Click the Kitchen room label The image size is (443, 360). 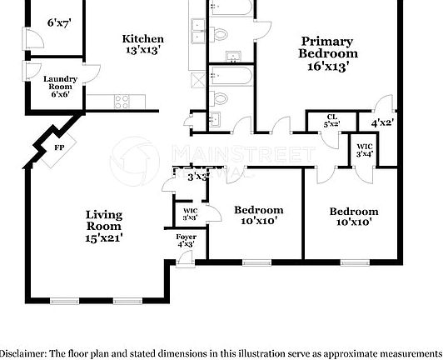tap(142, 39)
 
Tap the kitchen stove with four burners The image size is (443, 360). tap(122, 102)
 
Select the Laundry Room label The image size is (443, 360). tap(60, 82)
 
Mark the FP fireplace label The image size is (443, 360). tap(59, 147)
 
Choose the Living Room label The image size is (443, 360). tap(104, 220)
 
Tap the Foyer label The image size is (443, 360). tap(186, 237)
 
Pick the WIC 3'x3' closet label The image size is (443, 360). tap(190, 213)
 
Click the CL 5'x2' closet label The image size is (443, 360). tap(331, 120)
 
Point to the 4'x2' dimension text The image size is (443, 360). tap(382, 122)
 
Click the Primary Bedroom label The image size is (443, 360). tap(326, 47)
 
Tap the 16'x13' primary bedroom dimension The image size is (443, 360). tap(326, 65)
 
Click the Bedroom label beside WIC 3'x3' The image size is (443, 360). tap(258, 210)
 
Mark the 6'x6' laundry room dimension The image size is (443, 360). tap(60, 94)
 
